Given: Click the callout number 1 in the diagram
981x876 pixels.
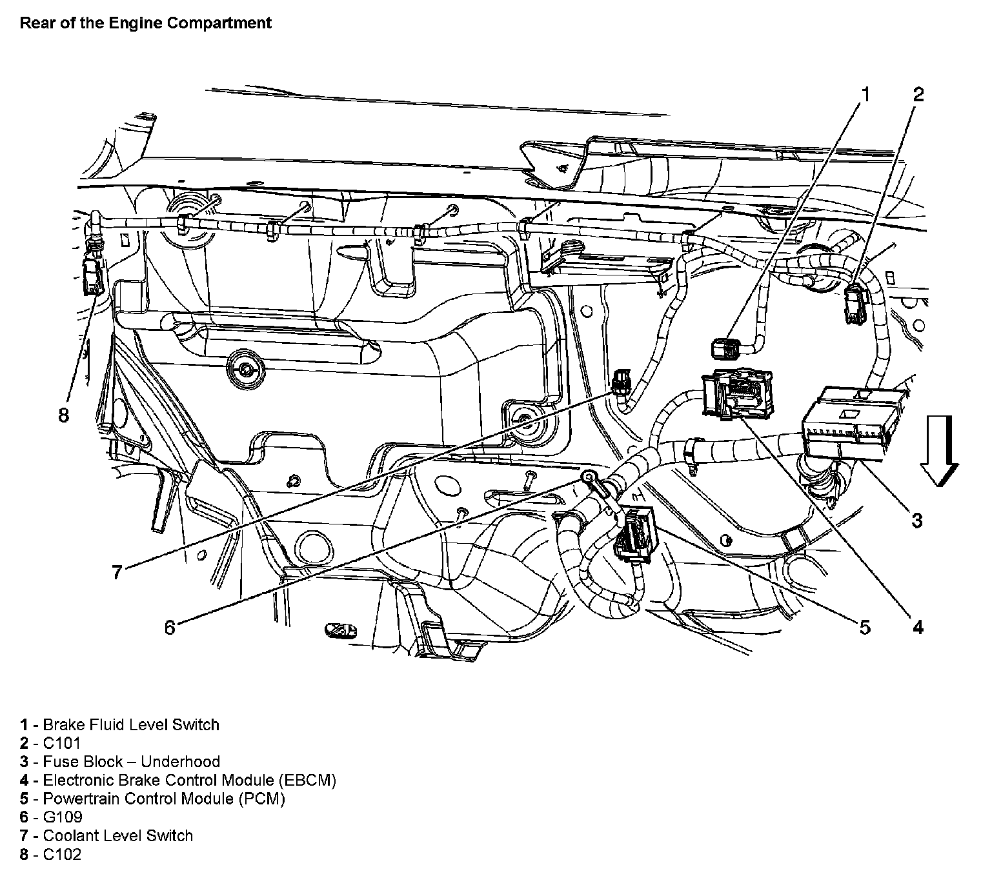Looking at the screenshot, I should [865, 94].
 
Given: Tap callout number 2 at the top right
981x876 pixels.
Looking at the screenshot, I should [918, 94].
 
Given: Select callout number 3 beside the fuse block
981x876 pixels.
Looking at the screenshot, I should [917, 520].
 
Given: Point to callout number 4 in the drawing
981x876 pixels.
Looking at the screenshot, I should [917, 626].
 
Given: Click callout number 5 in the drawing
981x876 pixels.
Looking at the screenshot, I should [865, 626].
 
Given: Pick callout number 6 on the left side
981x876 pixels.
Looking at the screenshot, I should [170, 627].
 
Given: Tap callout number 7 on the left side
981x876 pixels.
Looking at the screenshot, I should [117, 572].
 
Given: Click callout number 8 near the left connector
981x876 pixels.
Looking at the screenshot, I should [63, 415].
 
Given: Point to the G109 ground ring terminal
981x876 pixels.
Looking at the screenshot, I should [589, 478].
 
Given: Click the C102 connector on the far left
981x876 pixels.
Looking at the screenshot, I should [92, 274].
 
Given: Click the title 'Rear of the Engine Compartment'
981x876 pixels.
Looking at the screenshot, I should [146, 23].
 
